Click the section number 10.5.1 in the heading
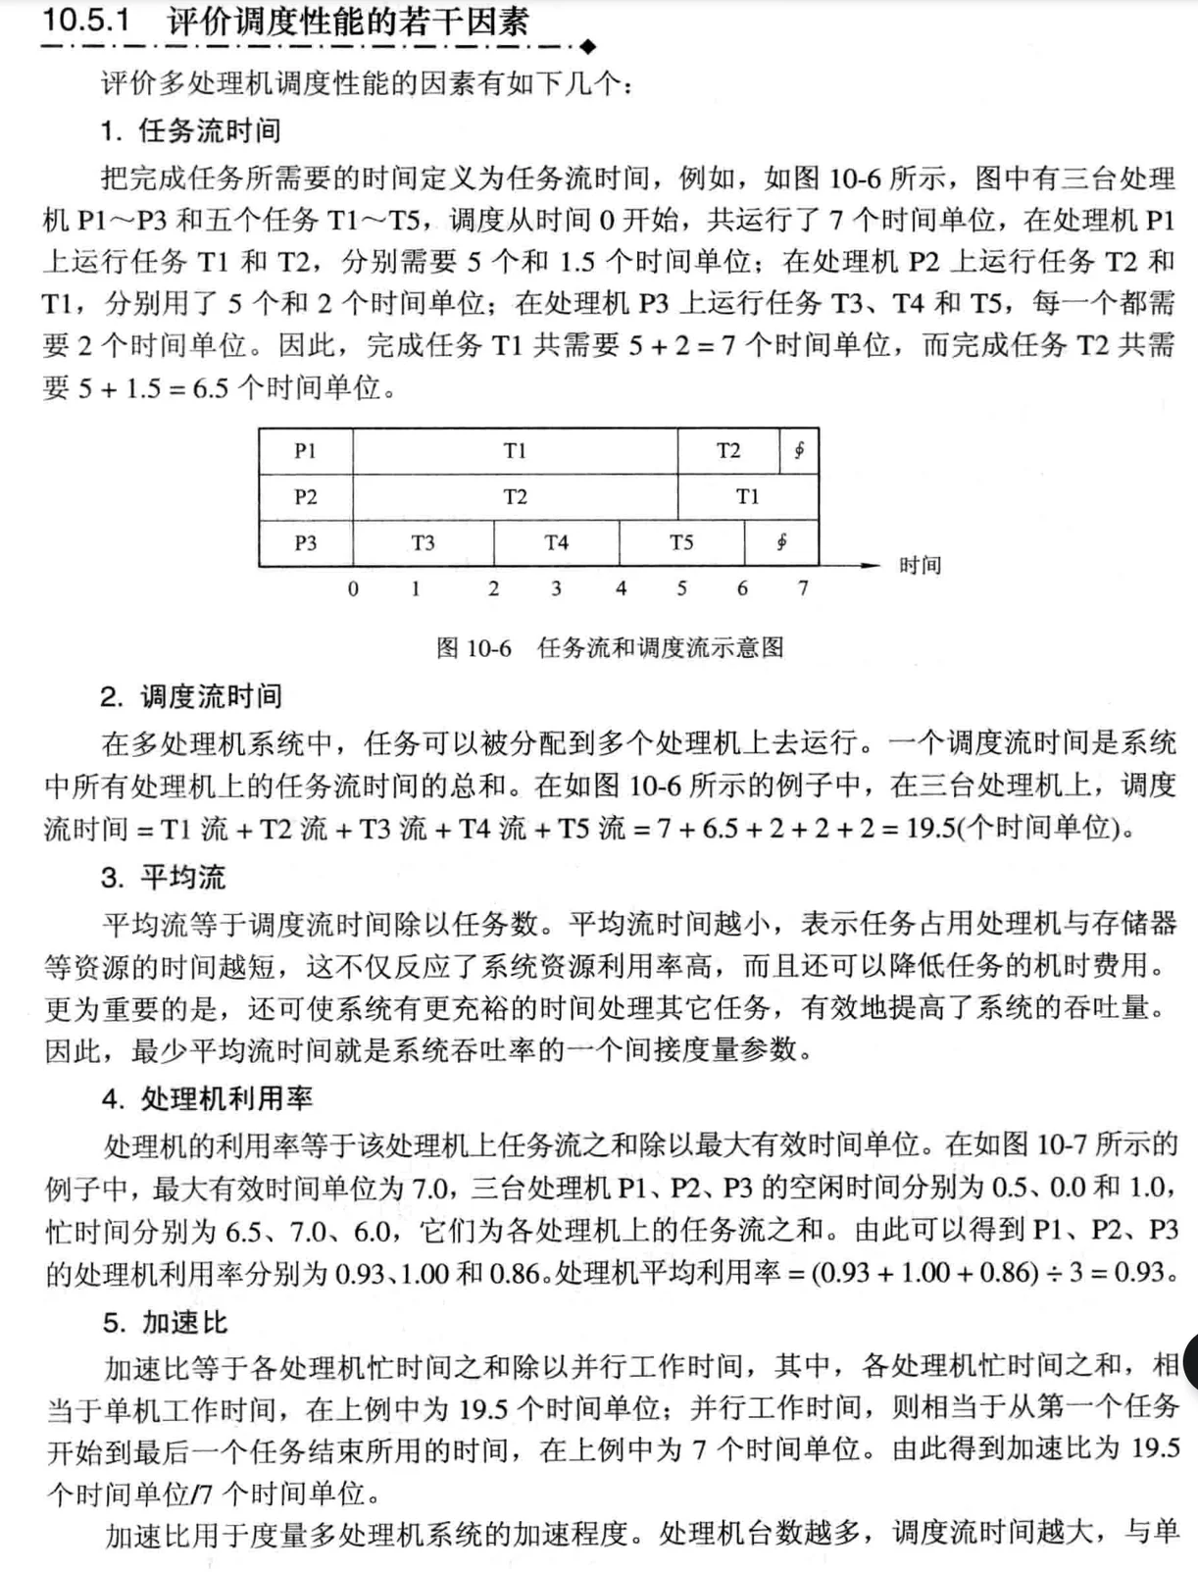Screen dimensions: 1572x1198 [x=86, y=20]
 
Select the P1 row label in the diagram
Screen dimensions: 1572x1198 [x=305, y=451]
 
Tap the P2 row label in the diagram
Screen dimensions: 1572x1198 [x=305, y=497]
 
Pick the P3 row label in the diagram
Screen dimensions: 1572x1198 [x=305, y=542]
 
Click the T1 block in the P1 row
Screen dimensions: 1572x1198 [x=515, y=451]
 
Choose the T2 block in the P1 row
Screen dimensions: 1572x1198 [x=727, y=451]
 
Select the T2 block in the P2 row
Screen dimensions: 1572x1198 [x=515, y=497]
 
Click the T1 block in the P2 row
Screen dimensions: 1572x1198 [x=747, y=497]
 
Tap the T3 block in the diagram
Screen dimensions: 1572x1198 [x=423, y=542]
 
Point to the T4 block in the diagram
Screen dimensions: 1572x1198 [x=556, y=542]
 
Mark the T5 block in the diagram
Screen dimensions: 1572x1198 [x=681, y=542]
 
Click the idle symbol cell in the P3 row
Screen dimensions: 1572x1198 [x=781, y=542]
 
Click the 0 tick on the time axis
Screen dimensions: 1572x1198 [x=353, y=588]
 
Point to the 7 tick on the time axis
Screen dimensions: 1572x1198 [x=803, y=588]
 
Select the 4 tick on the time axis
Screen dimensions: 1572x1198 [x=621, y=588]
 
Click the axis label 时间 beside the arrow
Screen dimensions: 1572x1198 [x=920, y=566]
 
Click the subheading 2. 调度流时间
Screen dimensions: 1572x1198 [x=191, y=696]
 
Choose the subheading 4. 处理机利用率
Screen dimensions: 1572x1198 [x=207, y=1098]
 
